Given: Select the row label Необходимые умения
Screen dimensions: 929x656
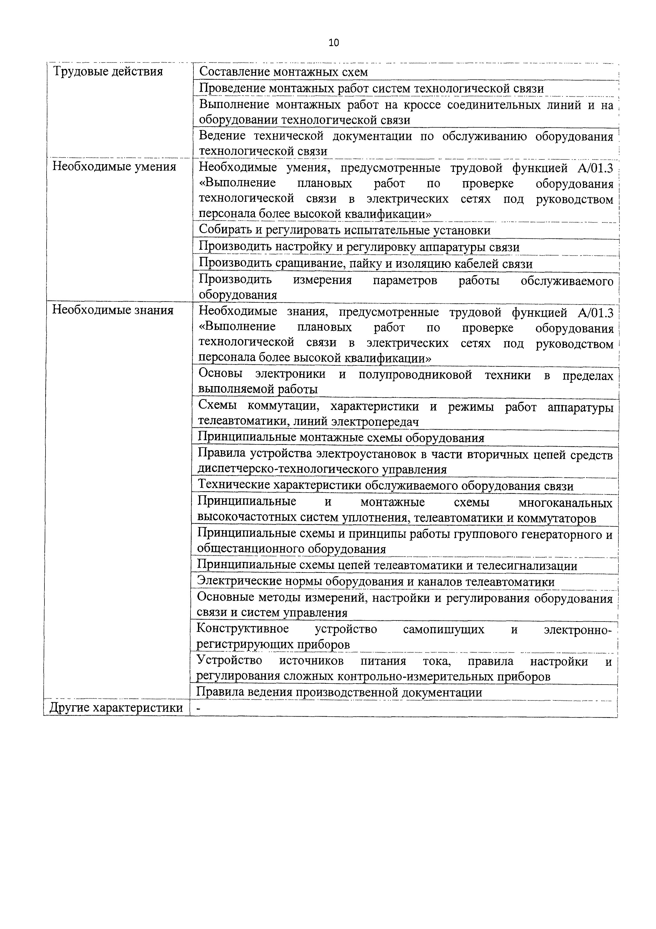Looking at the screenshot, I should [x=114, y=167].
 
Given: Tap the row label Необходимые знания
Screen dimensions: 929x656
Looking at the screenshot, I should [x=113, y=310].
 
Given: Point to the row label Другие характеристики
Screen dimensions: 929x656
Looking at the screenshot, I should [x=116, y=708].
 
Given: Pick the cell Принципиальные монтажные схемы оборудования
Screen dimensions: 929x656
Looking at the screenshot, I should [x=341, y=438].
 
